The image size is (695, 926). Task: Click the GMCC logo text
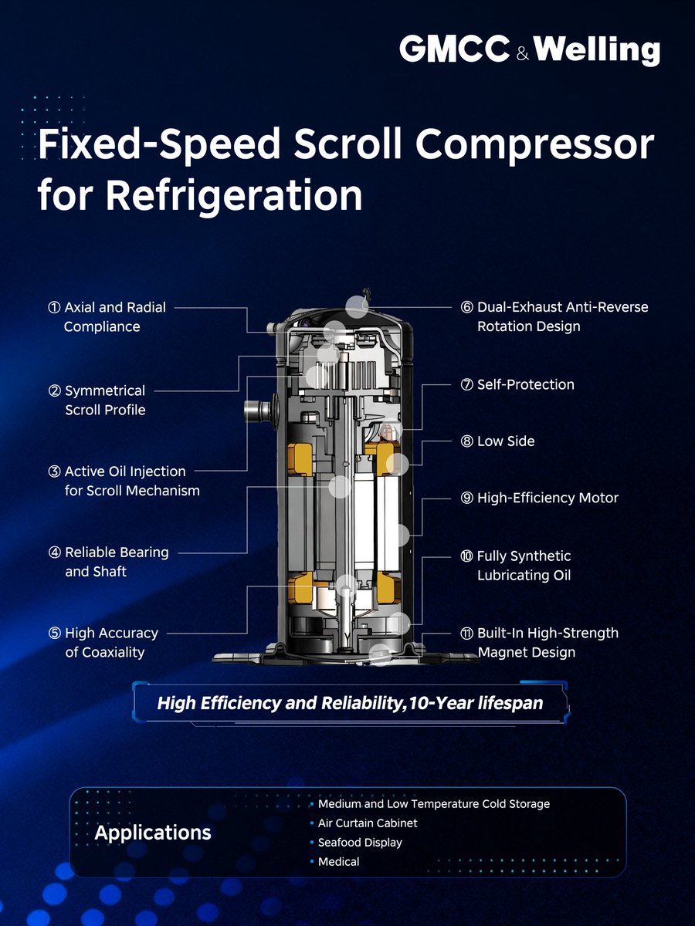pyautogui.click(x=454, y=50)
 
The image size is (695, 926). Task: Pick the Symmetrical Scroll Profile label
pyautogui.click(x=104, y=400)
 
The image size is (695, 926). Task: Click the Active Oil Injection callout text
pyautogui.click(x=125, y=481)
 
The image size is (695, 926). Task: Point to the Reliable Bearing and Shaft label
pyautogui.click(x=110, y=562)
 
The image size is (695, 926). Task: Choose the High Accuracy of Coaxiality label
pyautogui.click(x=105, y=643)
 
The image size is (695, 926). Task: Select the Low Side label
pyautogui.click(x=506, y=441)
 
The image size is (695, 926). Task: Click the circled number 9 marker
pyautogui.click(x=466, y=498)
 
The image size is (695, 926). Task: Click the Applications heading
pyautogui.click(x=153, y=833)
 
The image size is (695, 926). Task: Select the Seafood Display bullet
pyautogui.click(x=360, y=843)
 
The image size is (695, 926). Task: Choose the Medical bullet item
pyautogui.click(x=339, y=861)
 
